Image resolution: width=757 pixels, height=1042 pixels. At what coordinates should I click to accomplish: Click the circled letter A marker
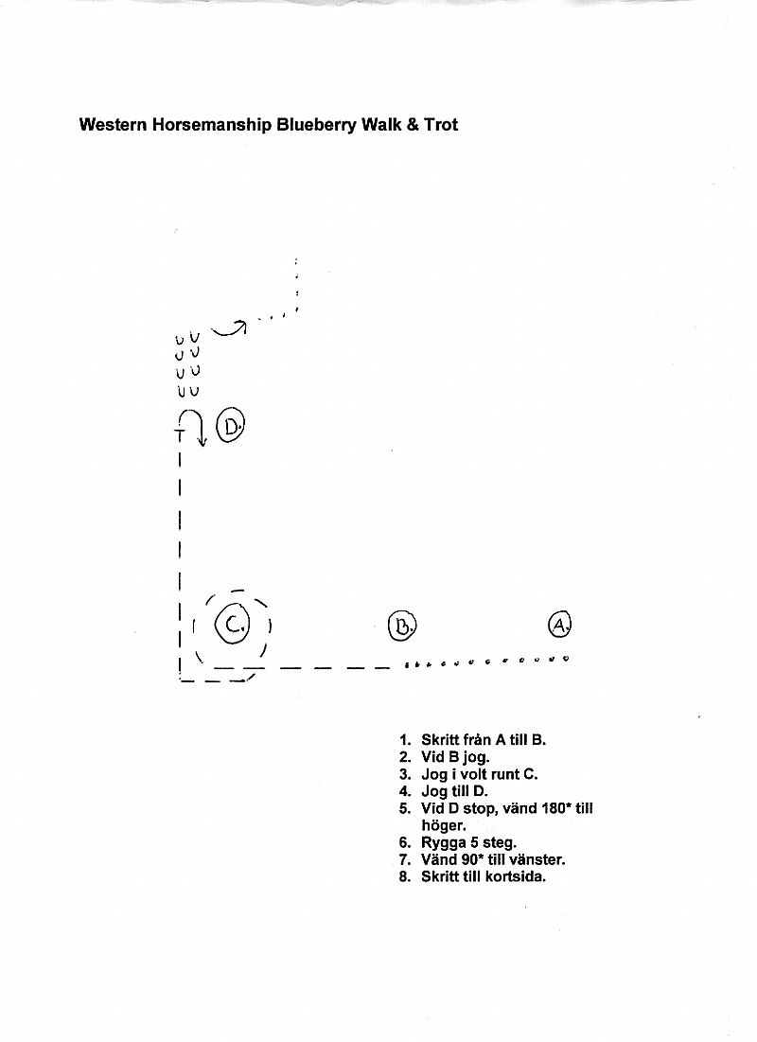point(559,624)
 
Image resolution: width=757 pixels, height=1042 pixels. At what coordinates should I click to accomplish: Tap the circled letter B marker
point(401,626)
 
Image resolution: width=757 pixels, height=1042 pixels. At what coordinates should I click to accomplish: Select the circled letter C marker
point(232,625)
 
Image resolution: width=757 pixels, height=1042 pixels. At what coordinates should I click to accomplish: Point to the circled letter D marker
point(231,426)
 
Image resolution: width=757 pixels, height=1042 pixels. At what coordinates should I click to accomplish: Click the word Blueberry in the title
point(316,125)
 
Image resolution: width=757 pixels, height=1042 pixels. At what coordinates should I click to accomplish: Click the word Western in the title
point(114,124)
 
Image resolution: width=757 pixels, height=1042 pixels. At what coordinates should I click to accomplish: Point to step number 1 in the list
point(405,740)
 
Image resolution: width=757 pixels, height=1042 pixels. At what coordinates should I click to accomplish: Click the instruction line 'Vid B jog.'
point(455,757)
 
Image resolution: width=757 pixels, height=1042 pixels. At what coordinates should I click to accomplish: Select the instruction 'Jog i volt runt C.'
point(479,775)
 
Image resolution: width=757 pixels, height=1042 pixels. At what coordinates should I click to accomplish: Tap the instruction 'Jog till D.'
point(454,791)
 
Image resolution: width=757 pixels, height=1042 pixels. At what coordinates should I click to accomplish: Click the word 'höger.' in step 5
point(443,826)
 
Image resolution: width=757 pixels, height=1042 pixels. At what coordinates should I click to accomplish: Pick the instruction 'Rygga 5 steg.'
point(468,843)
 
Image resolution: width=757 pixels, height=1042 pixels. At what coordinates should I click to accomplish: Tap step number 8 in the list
point(405,877)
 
